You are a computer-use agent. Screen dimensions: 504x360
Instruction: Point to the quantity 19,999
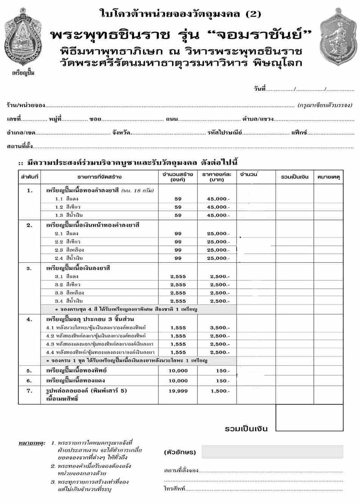178,391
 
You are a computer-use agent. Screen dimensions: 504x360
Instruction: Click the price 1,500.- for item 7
220,391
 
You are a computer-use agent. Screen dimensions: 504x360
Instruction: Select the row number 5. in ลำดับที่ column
30,371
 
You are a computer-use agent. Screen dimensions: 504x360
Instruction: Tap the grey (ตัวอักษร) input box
272,451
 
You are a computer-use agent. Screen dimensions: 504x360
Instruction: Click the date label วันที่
260,90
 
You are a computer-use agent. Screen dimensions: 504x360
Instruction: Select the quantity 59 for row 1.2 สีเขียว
178,207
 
